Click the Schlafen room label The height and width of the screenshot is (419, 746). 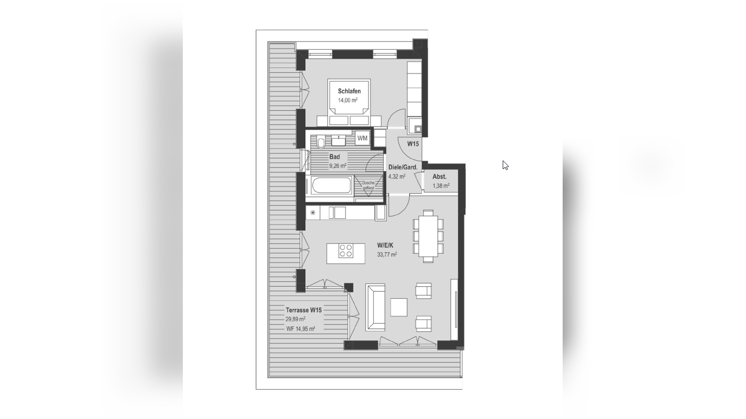349,91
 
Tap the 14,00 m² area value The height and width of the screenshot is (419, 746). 348,100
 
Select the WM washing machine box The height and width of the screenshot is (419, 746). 362,138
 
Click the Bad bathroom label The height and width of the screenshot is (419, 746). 334,157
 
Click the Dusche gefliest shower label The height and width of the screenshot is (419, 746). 368,185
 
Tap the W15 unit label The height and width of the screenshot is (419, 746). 413,144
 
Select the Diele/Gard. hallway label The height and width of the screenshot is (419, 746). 402,167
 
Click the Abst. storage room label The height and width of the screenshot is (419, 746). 439,177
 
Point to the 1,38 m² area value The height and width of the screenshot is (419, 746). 441,186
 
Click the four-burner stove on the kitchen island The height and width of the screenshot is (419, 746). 346,250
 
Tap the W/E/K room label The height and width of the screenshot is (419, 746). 385,245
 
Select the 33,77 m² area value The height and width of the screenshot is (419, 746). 387,255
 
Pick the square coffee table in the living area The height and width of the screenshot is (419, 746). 398,307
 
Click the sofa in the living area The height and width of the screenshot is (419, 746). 375,307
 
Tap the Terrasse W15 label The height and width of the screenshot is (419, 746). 303,310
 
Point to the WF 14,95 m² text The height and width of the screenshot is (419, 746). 301,329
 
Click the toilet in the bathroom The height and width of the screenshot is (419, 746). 321,143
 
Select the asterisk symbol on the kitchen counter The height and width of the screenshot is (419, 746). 313,213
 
